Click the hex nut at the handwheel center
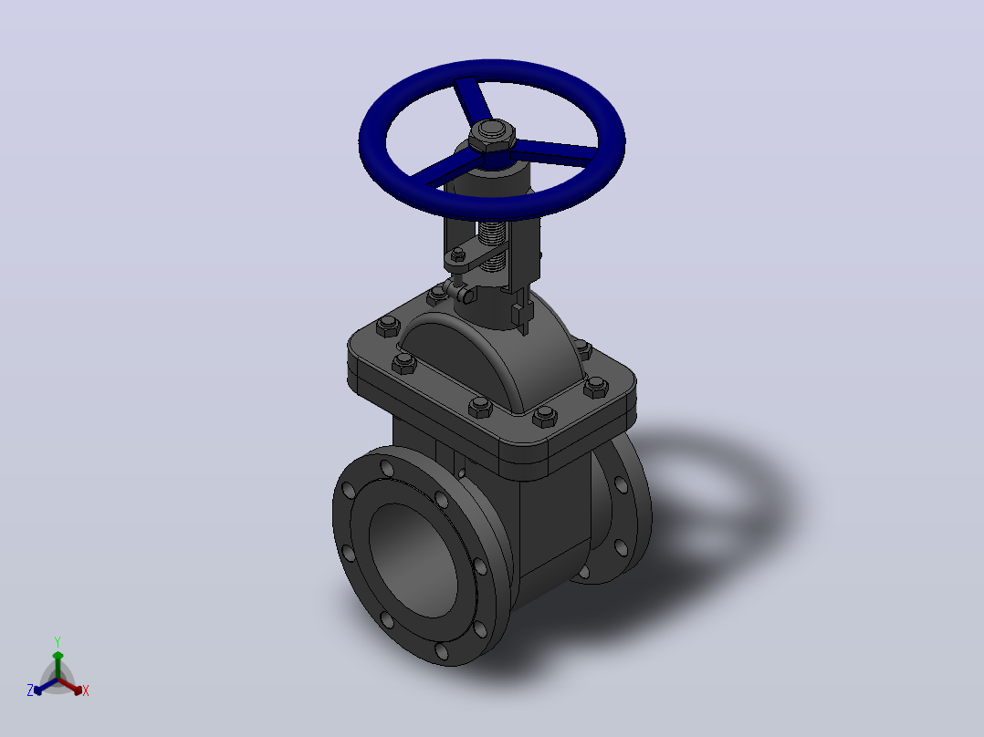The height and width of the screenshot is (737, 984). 492,136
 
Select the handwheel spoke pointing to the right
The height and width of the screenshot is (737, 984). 554,151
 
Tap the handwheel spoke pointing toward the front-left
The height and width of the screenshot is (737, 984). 442,171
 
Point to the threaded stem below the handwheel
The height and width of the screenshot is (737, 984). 494,246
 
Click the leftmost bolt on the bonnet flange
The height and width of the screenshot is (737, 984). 388,327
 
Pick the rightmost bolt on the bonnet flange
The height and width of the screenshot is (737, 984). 595,387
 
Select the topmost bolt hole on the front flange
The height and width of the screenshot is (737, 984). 387,468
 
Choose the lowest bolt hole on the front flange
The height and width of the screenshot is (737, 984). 442,650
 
